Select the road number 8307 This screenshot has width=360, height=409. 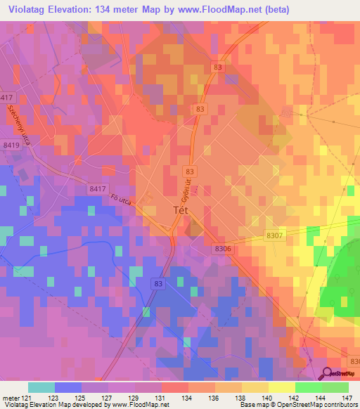276,237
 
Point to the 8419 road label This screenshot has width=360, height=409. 11,145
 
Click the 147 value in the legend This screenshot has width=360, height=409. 346,398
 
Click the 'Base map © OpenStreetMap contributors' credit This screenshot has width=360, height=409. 297,405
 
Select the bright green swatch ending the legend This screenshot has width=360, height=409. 335,387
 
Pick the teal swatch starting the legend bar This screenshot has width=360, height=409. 41,387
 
